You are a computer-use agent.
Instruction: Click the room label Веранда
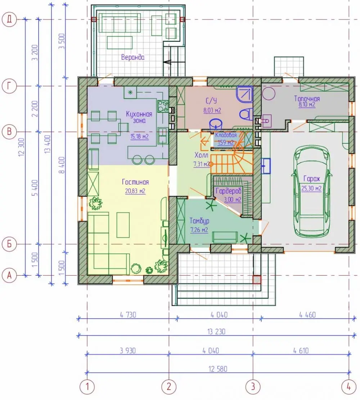click(x=133, y=57)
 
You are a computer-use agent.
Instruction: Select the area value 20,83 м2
click(x=135, y=191)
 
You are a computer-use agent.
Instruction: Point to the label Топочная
click(x=307, y=98)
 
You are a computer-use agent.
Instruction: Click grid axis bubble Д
click(x=9, y=19)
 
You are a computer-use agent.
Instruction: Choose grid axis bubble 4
click(x=349, y=387)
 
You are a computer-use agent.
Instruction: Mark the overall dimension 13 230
click(x=216, y=332)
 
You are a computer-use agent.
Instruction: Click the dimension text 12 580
click(x=218, y=369)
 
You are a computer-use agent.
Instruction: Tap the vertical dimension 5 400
click(x=35, y=188)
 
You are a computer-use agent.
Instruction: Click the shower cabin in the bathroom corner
click(x=244, y=94)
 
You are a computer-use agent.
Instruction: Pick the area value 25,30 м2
click(x=311, y=188)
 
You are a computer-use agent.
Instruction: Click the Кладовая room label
click(x=226, y=135)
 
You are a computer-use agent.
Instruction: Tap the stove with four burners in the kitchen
click(x=163, y=106)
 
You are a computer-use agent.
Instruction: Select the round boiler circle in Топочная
click(x=269, y=93)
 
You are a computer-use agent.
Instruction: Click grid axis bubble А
click(x=9, y=276)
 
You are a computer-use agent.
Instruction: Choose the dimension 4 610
click(x=301, y=351)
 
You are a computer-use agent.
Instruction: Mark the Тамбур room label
click(x=199, y=221)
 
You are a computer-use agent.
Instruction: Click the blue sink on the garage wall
click(x=266, y=166)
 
